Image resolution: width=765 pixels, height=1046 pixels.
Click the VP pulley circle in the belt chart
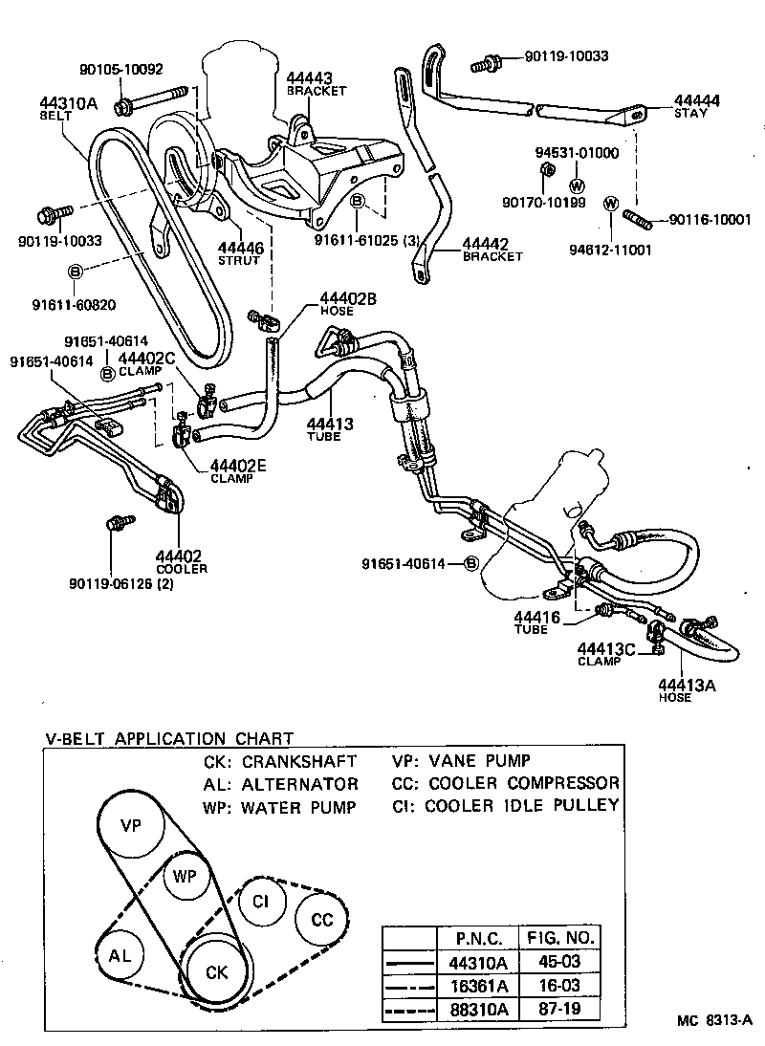131,824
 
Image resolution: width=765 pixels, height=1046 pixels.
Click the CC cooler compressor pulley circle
322,920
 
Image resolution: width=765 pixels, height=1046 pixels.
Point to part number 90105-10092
120,69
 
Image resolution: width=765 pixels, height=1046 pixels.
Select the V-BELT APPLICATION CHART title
169,738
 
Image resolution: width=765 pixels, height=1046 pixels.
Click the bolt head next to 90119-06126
116,523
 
